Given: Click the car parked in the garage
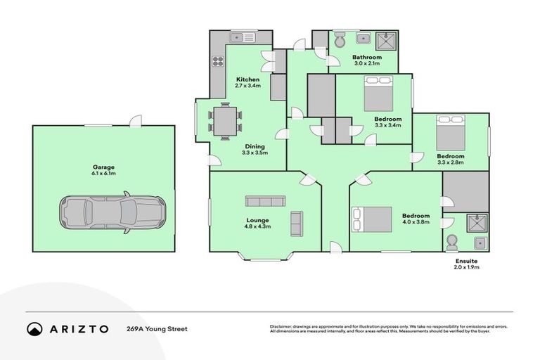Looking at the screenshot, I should click(112, 212).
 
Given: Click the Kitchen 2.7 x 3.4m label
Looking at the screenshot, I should click(247, 82).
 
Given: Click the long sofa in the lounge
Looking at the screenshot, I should click(264, 201).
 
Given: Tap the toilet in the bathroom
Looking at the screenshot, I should click(340, 41).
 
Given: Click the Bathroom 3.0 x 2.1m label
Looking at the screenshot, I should click(366, 60).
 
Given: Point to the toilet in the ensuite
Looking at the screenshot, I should click(451, 241).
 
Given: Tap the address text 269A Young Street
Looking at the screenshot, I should click(157, 328).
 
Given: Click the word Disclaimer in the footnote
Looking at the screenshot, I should click(283, 327).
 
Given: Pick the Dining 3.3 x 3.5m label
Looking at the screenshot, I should click(255, 149).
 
